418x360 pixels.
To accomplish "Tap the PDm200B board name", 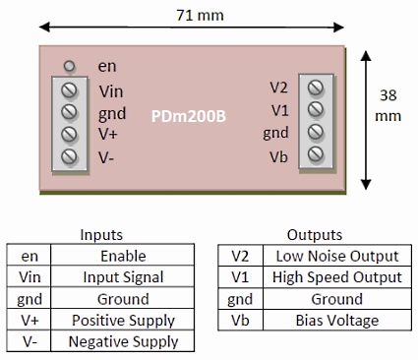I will [189, 116].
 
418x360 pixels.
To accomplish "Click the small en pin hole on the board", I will [70, 67].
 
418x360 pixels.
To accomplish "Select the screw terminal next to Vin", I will [70, 90].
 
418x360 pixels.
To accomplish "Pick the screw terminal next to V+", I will [70, 134].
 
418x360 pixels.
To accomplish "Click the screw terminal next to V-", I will [70, 155].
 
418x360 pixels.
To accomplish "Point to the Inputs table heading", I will [101, 235].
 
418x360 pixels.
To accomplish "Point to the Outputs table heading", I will [314, 235].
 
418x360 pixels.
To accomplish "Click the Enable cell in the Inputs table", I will [123, 256].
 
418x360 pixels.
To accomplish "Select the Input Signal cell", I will [123, 277].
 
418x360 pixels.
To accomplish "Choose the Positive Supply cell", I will [123, 321].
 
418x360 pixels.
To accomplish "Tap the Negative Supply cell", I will [123, 342].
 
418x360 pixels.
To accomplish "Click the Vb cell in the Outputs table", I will [238, 321].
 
